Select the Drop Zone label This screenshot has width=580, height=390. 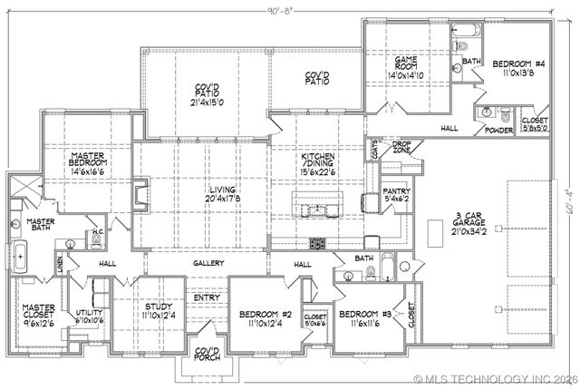[x=401, y=145]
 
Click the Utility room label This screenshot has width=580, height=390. [x=89, y=313]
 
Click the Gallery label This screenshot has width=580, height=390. [x=208, y=263]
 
